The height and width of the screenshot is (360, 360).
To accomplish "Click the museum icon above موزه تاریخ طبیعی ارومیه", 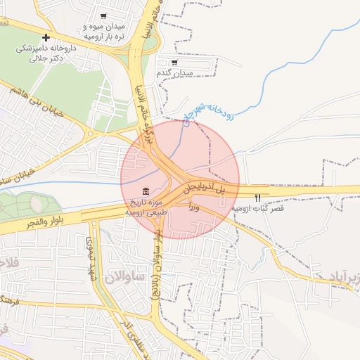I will point(146,193).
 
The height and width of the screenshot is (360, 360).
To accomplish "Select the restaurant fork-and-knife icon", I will point(257,197).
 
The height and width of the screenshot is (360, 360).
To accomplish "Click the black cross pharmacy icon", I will point(46,37).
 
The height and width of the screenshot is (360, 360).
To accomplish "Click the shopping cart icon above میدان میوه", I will point(104,15).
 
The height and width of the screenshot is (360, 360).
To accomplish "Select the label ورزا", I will point(195,207).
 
